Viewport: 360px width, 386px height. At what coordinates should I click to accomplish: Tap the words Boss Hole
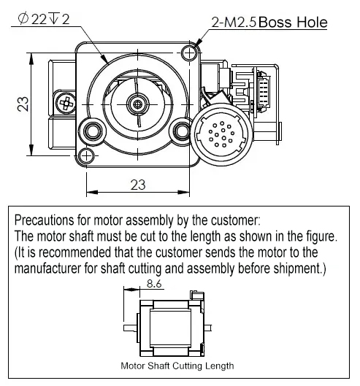293,22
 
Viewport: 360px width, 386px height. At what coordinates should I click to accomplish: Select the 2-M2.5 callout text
234,23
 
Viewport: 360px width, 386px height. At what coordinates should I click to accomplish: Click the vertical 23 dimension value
23,104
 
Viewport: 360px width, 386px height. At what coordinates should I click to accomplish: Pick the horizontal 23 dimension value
138,185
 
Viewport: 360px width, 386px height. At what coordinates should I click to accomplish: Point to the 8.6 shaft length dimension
154,284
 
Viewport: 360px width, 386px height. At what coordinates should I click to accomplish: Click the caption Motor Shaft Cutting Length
177,366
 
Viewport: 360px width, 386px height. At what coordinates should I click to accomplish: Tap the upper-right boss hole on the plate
189,53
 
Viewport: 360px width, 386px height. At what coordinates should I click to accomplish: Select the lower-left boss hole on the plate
86,156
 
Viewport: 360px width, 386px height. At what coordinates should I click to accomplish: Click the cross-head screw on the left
66,103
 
